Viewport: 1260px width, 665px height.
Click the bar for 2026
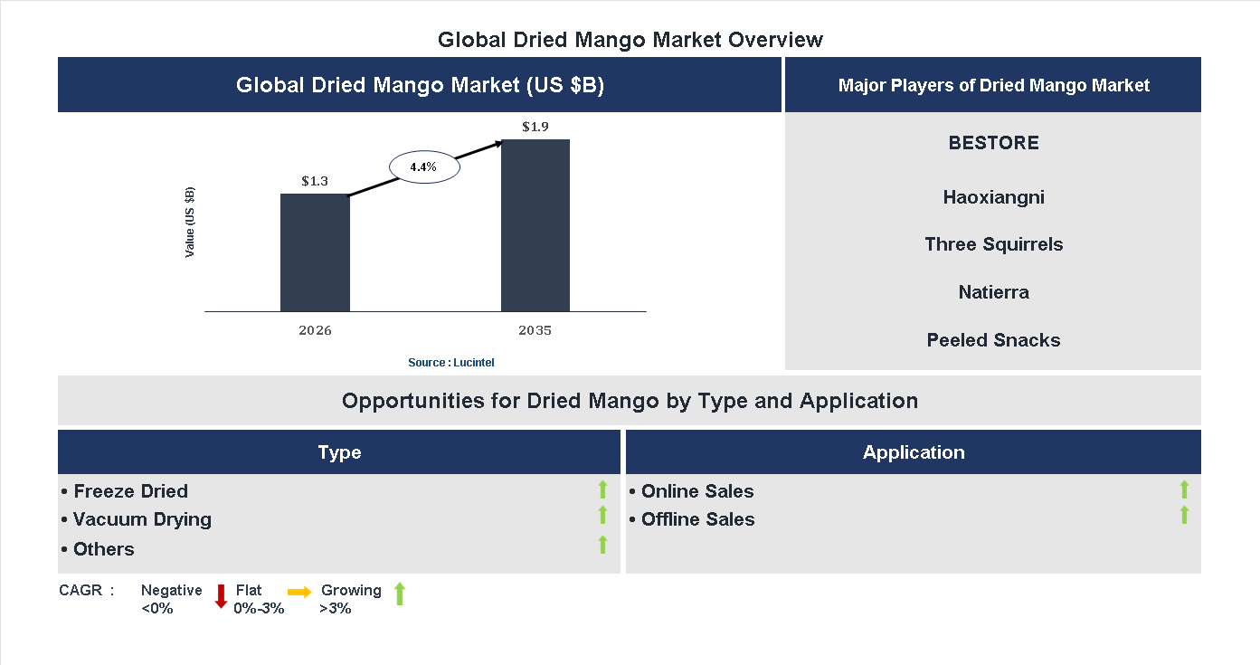(x=315, y=252)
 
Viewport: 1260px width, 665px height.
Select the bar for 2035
(x=535, y=225)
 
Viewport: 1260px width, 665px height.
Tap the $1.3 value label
(x=315, y=181)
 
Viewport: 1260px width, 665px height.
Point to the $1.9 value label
(x=535, y=127)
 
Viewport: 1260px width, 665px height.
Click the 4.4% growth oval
(x=424, y=166)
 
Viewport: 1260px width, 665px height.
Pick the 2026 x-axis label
(x=315, y=330)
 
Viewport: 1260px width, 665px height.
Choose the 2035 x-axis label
(x=535, y=330)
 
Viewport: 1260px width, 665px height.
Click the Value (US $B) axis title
(x=190, y=223)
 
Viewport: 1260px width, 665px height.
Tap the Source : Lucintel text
(x=451, y=362)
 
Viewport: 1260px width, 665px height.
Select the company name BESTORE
(x=993, y=143)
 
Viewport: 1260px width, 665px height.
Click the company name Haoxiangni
(x=993, y=197)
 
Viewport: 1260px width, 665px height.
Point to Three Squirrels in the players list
(x=993, y=244)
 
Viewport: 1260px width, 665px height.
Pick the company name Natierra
(x=993, y=292)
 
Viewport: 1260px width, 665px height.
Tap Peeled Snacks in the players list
(x=993, y=340)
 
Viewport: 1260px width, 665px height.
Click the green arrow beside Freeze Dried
(x=602, y=490)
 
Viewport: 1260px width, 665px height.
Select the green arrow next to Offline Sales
(x=1184, y=516)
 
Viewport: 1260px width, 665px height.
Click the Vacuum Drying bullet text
(x=142, y=519)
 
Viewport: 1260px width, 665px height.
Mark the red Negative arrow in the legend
(x=221, y=596)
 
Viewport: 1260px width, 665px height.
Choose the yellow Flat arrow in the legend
(x=299, y=592)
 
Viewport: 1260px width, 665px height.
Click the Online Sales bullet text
(x=697, y=491)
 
